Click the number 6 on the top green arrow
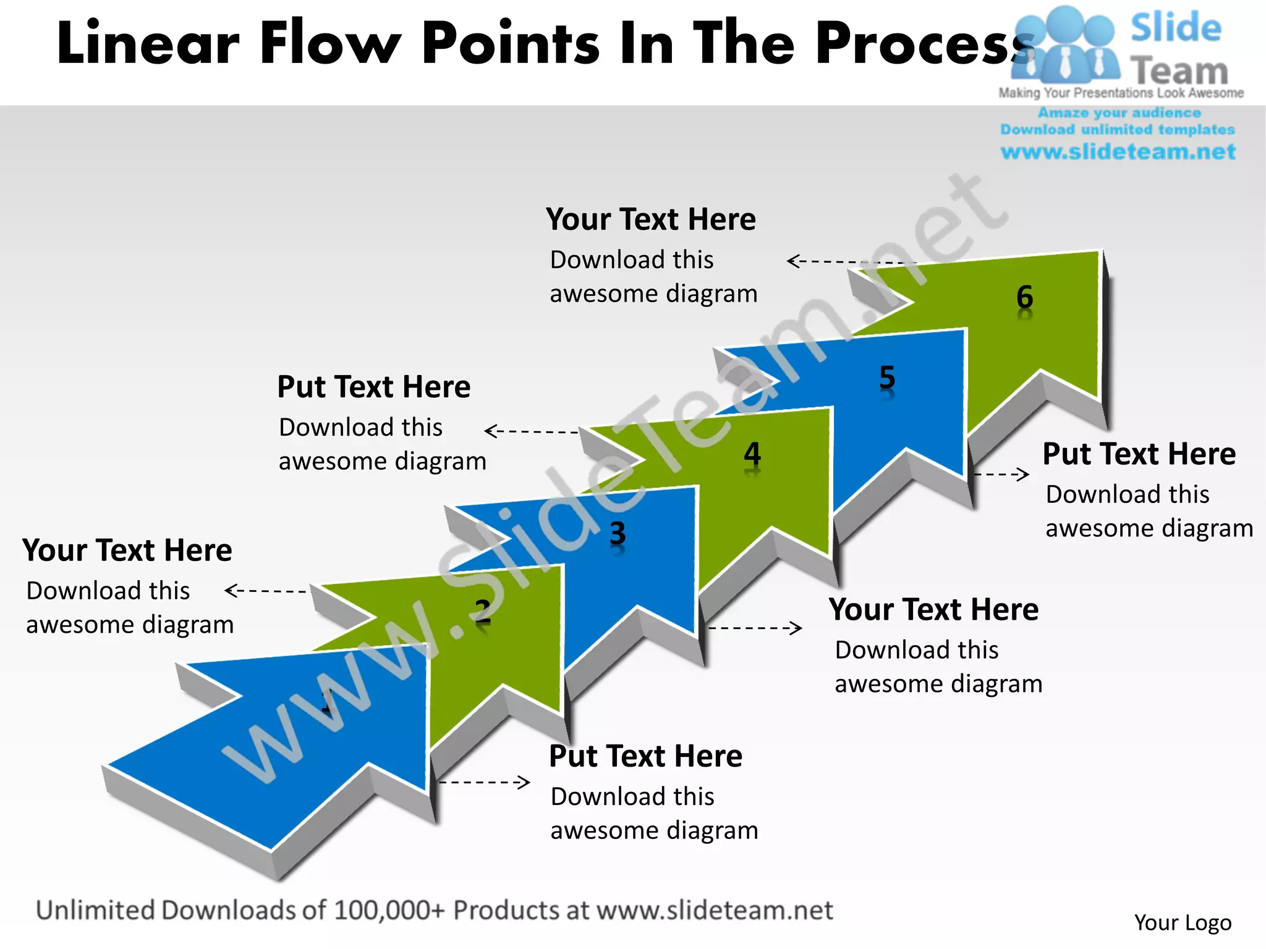(1024, 297)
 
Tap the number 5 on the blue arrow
(887, 377)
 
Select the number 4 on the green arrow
(752, 454)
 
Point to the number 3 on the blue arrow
(618, 533)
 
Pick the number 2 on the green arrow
(483, 611)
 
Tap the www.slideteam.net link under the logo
(1118, 151)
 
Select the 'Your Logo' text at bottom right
(1183, 922)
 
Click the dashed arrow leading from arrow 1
(484, 782)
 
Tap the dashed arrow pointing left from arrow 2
(266, 591)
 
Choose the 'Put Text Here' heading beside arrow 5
(1139, 454)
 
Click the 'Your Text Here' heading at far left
(127, 550)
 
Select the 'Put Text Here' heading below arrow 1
(645, 756)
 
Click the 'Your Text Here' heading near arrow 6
(650, 219)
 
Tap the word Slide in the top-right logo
(1176, 28)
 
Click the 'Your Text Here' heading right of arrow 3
(933, 610)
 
